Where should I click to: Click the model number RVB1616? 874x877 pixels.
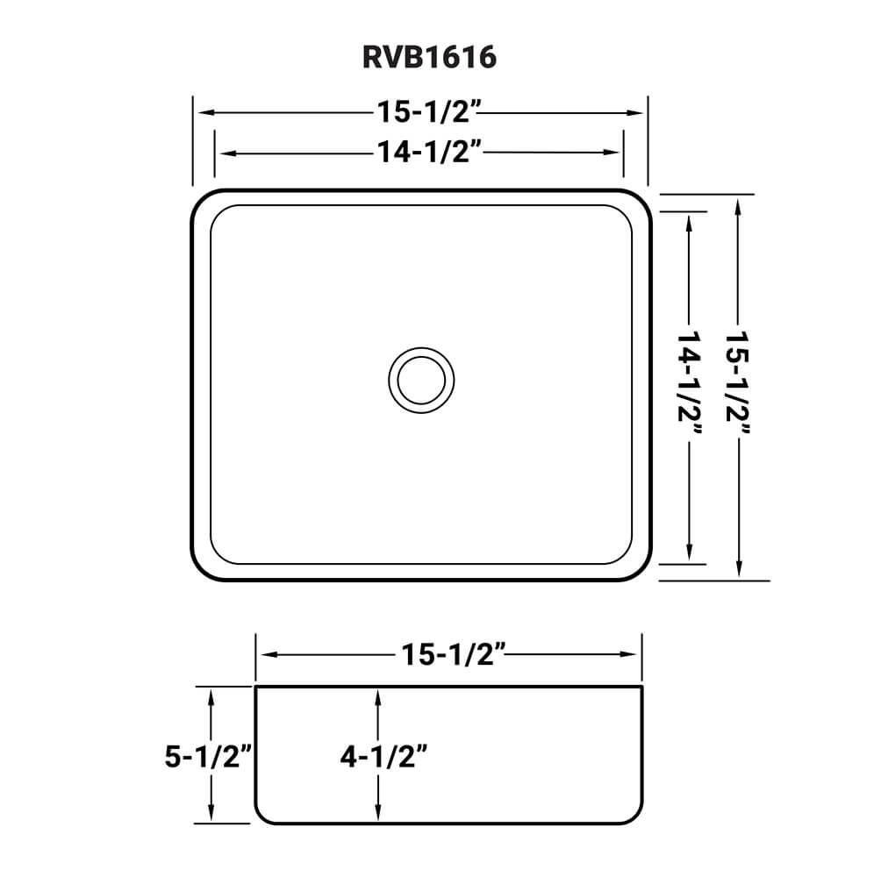pos(429,57)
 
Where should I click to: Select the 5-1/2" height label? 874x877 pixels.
pos(209,755)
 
